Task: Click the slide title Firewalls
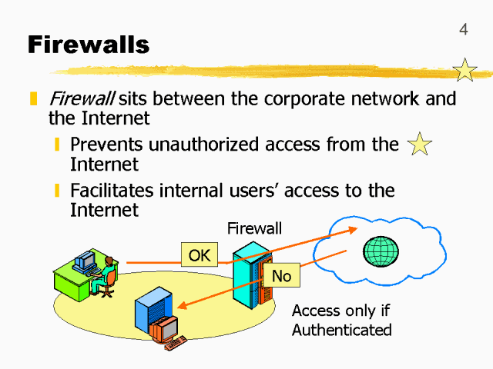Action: (x=89, y=44)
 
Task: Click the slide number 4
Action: (x=463, y=30)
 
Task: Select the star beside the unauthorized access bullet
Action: (x=419, y=144)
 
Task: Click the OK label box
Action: (x=200, y=255)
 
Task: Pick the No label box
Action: (x=282, y=275)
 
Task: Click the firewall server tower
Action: (x=253, y=273)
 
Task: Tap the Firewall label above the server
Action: (x=254, y=228)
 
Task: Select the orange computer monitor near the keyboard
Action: (x=164, y=328)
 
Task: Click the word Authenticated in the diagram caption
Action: (x=342, y=331)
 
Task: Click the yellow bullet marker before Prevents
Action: (x=57, y=145)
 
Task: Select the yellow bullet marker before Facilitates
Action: (x=57, y=190)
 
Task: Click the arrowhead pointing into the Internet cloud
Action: (x=353, y=229)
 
